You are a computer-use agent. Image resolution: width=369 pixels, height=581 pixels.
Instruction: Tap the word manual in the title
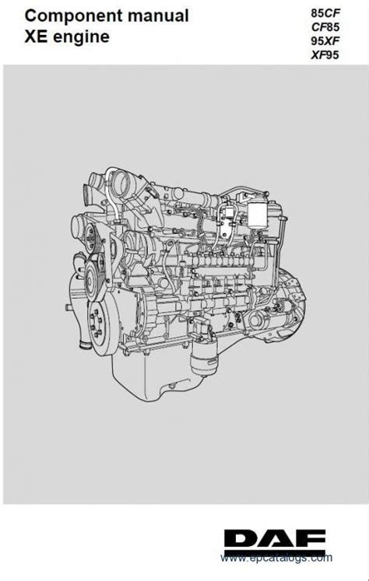coord(158,16)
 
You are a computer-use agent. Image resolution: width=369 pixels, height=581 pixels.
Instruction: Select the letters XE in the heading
coord(37,37)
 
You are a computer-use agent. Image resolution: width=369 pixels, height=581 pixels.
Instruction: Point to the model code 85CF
coord(325,13)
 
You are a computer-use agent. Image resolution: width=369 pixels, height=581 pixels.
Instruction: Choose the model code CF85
coord(325,27)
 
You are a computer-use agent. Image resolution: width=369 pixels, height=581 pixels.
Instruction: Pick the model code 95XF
coord(325,40)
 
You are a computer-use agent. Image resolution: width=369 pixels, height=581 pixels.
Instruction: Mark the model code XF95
coord(325,55)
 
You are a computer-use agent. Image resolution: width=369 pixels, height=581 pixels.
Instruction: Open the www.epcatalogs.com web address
coord(276,558)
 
